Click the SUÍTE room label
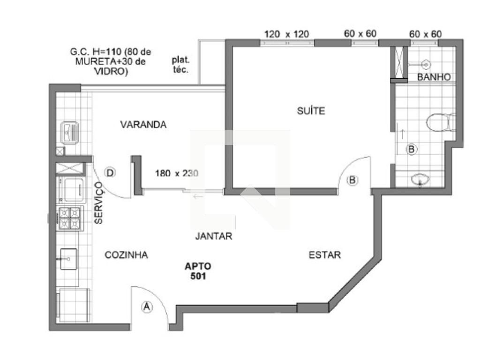311,111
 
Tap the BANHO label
434,77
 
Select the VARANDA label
143,125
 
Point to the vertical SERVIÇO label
98,202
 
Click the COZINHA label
126,255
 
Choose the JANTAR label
214,236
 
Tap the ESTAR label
325,255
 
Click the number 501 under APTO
198,276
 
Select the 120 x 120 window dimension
286,34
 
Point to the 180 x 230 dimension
177,173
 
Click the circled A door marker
147,307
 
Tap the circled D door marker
110,172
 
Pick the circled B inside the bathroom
411,150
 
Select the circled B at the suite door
352,180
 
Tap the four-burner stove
70,218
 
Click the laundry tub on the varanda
70,133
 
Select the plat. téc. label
180,65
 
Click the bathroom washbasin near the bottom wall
420,180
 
